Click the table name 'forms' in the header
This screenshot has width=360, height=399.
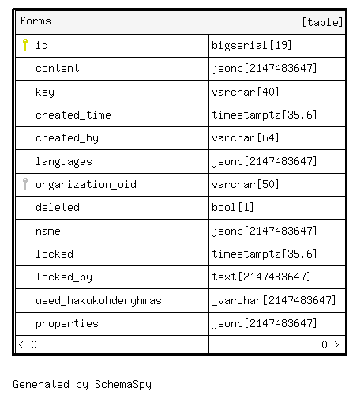[36, 21]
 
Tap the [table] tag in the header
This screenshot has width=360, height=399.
[322, 22]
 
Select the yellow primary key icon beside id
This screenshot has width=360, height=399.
[25, 44]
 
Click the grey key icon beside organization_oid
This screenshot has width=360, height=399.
[25, 183]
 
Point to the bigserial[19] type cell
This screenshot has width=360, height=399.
[252, 45]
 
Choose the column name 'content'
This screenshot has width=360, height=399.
[58, 69]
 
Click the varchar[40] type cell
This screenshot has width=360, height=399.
[246, 92]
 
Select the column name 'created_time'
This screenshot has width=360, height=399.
[73, 115]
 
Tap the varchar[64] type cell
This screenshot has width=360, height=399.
[246, 137]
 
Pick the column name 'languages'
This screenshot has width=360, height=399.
[64, 162]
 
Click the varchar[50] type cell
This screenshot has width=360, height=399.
[246, 184]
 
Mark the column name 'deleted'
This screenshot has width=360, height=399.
[58, 207]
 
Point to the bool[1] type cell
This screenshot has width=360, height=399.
[233, 207]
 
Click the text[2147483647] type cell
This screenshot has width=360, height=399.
[261, 277]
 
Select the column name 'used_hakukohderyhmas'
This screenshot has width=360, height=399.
[99, 300]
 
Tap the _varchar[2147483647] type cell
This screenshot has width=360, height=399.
[274, 300]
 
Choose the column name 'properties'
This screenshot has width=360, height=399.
[67, 324]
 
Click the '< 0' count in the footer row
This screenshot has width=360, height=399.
[28, 344]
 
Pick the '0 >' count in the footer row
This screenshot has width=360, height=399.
[330, 344]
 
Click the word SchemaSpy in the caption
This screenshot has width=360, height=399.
[123, 385]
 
